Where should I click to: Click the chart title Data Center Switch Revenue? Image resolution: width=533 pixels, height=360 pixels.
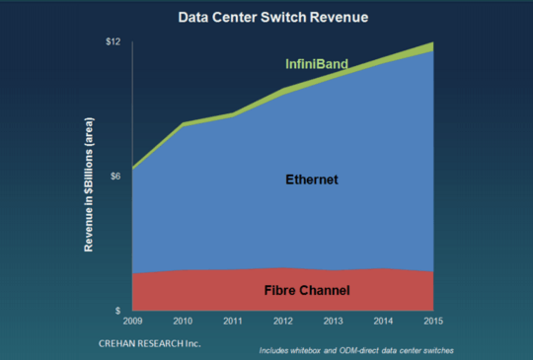point(266,17)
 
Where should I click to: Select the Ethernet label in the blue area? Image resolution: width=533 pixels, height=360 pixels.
point(311,180)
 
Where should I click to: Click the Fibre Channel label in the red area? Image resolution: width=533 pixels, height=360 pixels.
point(306,291)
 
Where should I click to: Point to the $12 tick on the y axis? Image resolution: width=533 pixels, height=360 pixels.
point(112,41)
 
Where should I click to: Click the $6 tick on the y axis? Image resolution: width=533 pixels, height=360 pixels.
point(114,176)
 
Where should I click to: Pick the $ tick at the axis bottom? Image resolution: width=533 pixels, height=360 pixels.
point(117,310)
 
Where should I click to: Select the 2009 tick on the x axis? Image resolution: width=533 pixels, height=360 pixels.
point(131,321)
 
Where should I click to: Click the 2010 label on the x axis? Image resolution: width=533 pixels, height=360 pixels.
point(182,321)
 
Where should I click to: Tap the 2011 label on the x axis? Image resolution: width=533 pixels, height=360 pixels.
point(232,321)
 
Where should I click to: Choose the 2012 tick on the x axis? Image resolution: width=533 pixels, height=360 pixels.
point(282,321)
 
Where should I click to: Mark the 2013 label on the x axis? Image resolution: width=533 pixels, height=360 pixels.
point(333,321)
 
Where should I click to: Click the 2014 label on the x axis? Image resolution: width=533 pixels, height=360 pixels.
point(383,321)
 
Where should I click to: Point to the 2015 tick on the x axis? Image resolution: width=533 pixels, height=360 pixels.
point(432,321)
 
